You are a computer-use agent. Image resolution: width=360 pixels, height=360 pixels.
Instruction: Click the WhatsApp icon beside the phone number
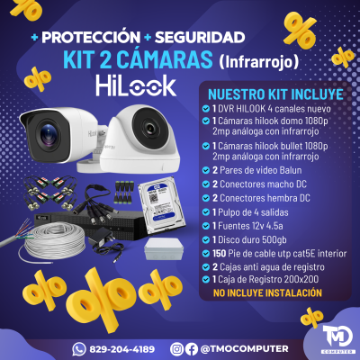tap(79, 347)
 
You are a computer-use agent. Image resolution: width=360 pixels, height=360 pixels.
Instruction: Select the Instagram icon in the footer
tap(190, 347)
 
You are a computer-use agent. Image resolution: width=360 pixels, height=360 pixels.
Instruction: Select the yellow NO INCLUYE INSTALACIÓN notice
tap(267, 293)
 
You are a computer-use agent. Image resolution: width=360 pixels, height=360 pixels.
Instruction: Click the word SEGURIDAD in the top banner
tap(199, 38)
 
